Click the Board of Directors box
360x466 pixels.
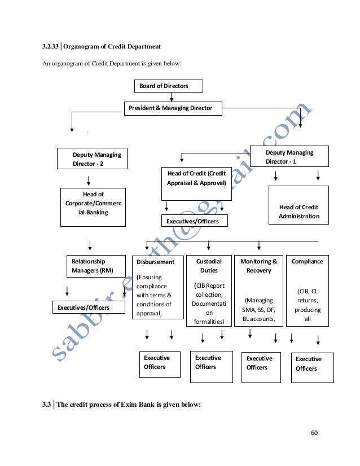pos(168,86)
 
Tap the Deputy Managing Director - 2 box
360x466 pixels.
pos(92,158)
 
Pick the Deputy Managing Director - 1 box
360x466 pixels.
pos(297,156)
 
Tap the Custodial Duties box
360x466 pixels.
pos(209,291)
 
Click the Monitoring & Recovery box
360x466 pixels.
pos(258,291)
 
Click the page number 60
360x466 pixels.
pos(314,433)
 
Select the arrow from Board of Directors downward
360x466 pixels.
pos(172,97)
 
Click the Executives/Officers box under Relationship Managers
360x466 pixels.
pos(84,307)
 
